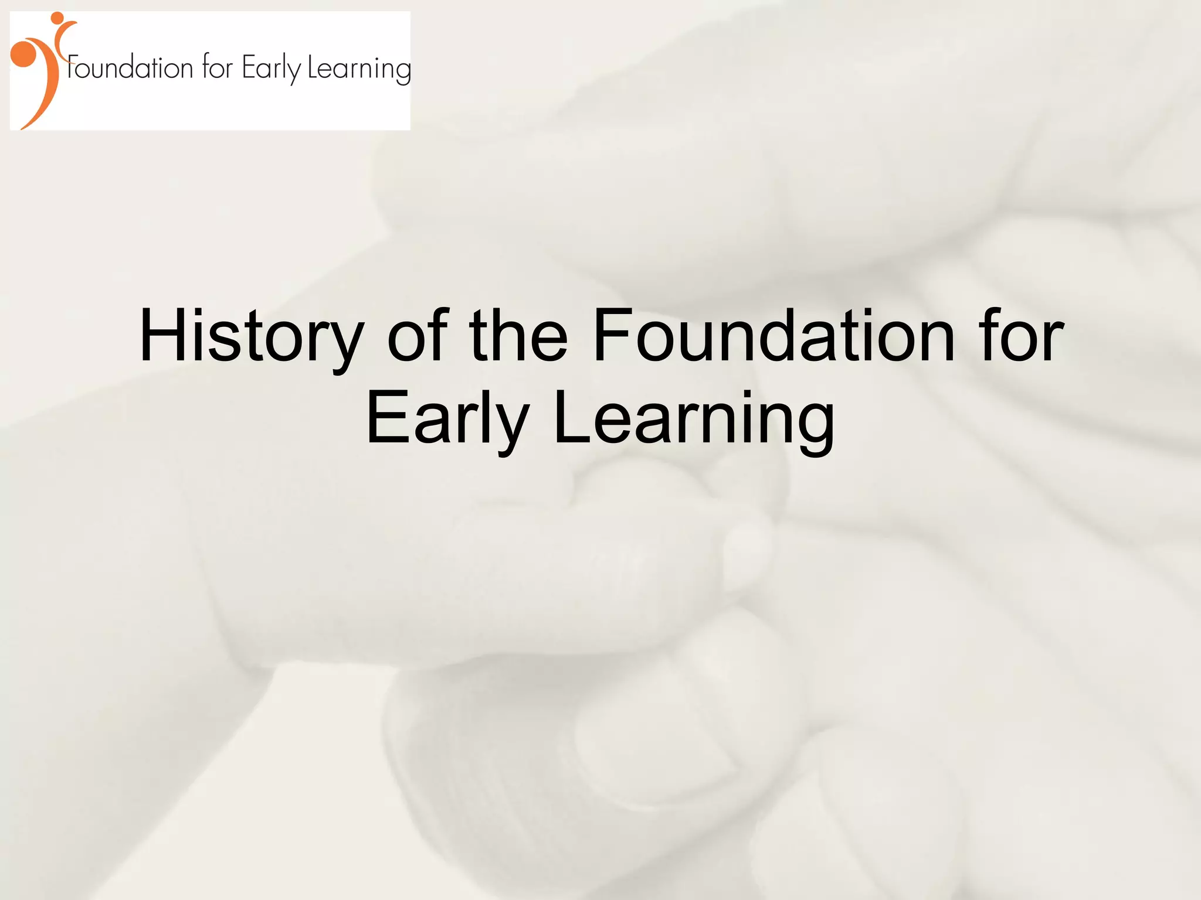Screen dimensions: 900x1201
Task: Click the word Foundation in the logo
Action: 130,67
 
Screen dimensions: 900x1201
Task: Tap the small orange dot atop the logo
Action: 57,18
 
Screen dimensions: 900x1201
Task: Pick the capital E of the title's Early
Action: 385,420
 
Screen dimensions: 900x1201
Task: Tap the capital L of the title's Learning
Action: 571,420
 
